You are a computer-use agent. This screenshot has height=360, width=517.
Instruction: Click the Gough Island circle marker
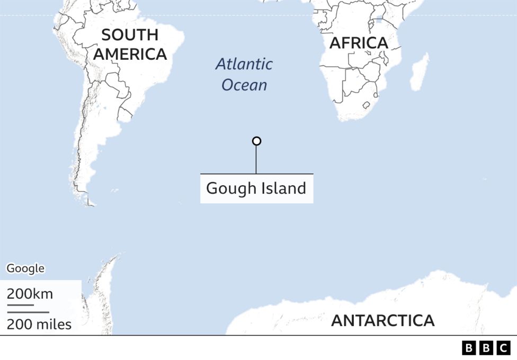click(256, 141)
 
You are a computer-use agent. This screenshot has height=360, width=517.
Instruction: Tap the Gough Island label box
click(256, 188)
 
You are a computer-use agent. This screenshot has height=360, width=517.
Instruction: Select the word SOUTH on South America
click(130, 35)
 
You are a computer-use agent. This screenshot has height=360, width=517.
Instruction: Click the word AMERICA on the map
click(130, 54)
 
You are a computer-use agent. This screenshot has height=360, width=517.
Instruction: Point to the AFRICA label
click(359, 43)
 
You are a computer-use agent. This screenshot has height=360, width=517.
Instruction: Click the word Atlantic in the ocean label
click(244, 65)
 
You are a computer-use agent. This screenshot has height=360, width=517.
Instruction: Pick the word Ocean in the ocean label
click(244, 85)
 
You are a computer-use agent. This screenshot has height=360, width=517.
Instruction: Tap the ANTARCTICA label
click(382, 320)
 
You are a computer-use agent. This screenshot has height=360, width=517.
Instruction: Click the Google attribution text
click(25, 268)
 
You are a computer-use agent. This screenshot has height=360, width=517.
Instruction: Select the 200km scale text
click(30, 294)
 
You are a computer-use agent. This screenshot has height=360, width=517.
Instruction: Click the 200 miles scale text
click(39, 324)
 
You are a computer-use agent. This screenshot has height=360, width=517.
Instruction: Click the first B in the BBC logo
click(469, 348)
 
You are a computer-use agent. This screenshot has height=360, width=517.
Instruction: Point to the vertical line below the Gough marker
click(256, 159)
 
